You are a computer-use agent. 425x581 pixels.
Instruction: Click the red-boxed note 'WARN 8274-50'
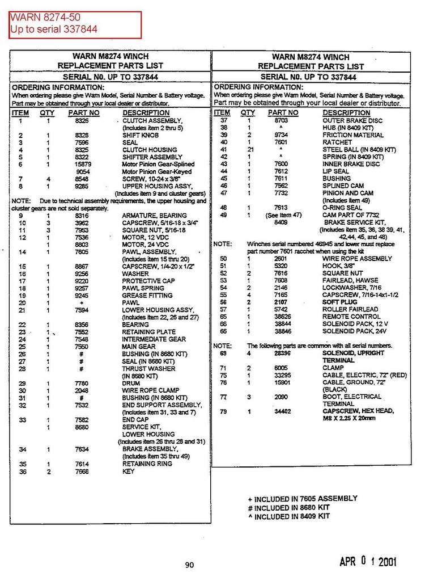(x=45, y=18)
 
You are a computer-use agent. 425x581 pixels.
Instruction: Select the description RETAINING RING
(x=147, y=464)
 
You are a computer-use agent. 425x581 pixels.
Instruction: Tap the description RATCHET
(x=337, y=142)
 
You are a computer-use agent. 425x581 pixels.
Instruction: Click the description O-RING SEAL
(x=342, y=208)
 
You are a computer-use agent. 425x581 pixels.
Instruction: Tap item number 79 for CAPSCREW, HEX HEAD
(x=223, y=411)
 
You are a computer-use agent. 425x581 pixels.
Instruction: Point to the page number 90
(x=189, y=565)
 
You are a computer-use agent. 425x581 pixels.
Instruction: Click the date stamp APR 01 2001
(x=368, y=562)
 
